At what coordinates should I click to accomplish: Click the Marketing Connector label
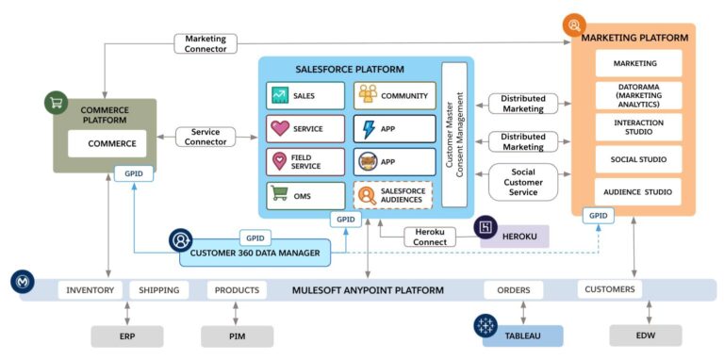[x=205, y=43]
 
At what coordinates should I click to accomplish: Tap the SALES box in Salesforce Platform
[x=304, y=95]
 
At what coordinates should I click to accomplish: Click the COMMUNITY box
[x=394, y=95]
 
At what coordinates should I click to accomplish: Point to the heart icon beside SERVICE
[x=280, y=128]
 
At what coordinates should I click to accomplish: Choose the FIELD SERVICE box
[x=304, y=162]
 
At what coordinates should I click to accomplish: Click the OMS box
[x=304, y=195]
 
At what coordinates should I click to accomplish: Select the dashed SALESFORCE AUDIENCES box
[x=394, y=195]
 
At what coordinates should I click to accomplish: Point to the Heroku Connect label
[x=430, y=235]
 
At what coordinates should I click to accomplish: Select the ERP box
[x=127, y=335]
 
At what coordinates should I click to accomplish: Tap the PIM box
[x=237, y=335]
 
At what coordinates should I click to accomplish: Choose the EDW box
[x=646, y=335]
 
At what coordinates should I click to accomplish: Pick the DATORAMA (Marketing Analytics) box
[x=638, y=95]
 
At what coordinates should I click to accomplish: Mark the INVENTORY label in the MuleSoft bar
[x=90, y=290]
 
